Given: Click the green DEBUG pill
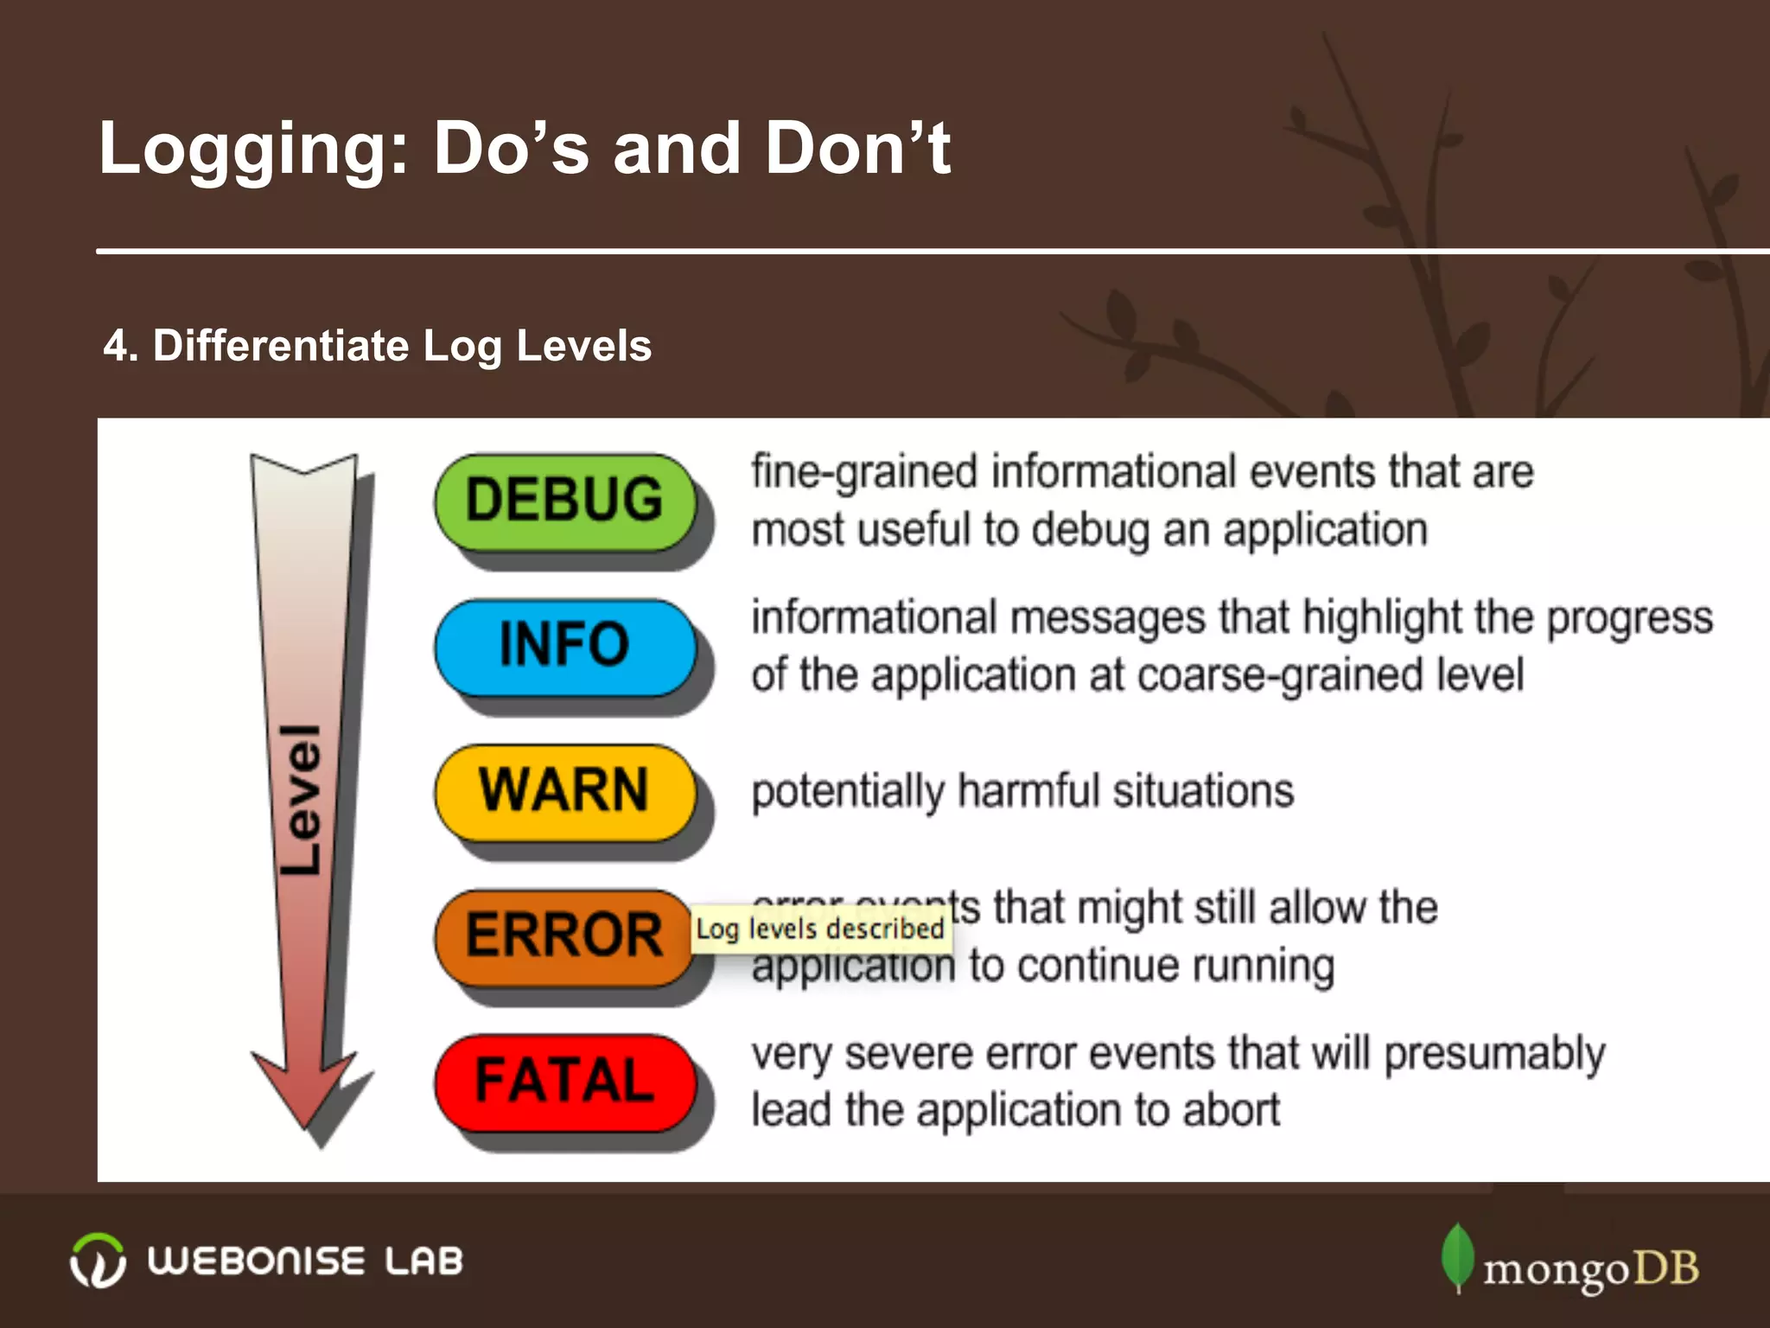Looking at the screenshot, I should coord(565,501).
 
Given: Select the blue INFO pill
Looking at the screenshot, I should coord(565,647).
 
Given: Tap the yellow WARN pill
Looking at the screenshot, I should coord(565,792).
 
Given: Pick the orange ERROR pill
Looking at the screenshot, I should coord(565,937).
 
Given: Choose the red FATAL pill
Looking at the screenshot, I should coord(565,1082).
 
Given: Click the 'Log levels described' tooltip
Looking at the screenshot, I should coord(820,929).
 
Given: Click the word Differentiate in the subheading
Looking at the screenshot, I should coord(280,346).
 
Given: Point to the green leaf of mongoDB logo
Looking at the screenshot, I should coord(1458,1256).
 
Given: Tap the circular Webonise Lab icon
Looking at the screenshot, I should coord(98,1261).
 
